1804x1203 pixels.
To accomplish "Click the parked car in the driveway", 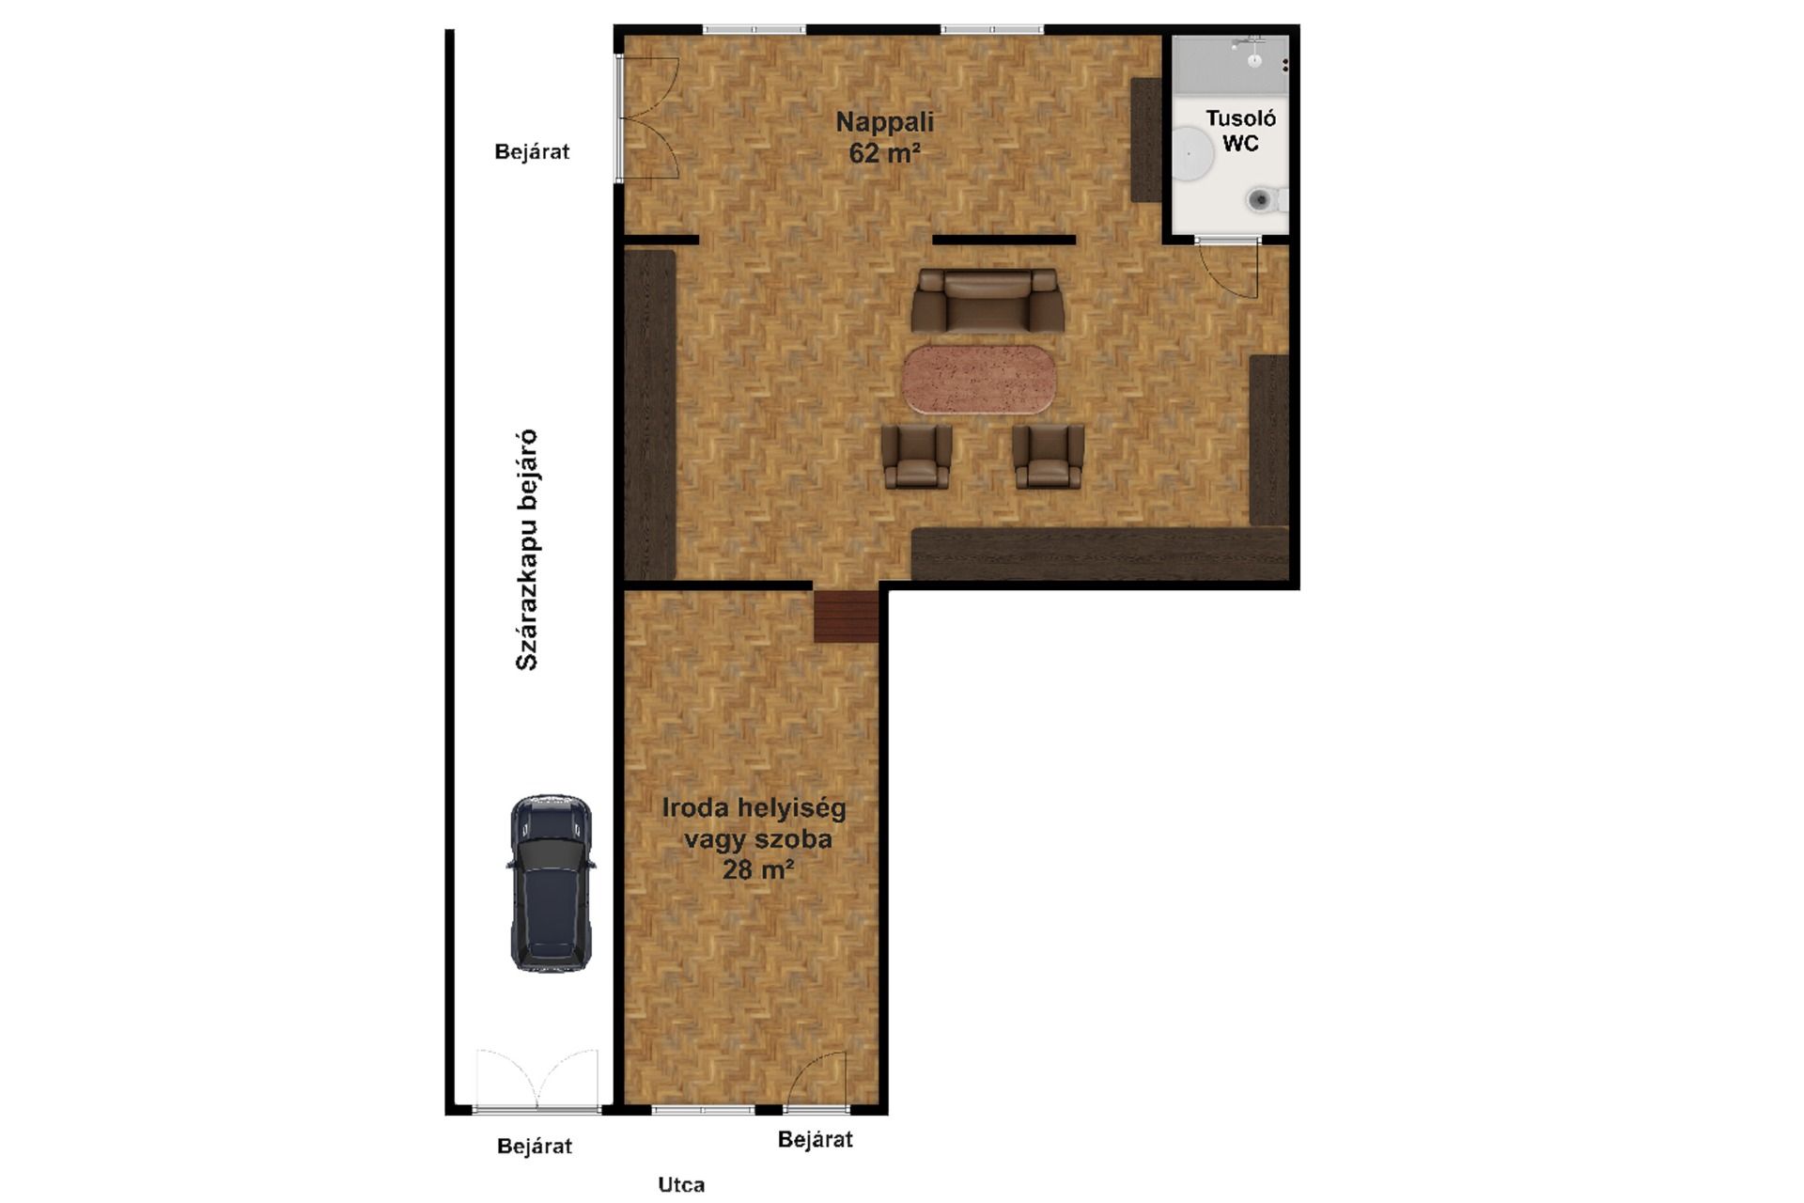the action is [x=551, y=883].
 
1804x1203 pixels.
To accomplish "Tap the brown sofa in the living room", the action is [x=988, y=300].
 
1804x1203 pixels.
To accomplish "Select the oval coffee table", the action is [x=979, y=380].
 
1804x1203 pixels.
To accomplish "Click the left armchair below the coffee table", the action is [x=916, y=457].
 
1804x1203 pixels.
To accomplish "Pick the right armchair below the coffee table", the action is [x=1049, y=457].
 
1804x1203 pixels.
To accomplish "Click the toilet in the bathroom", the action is [x=1267, y=199].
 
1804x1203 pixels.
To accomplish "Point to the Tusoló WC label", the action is [x=1240, y=131].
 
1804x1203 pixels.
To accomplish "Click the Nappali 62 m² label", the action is [x=884, y=137].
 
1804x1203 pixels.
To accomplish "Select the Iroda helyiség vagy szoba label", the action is [x=754, y=838].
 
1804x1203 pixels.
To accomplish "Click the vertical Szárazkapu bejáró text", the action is [x=527, y=550].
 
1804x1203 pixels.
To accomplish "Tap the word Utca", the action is [x=681, y=1184].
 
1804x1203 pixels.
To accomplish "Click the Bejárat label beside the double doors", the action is [x=532, y=151].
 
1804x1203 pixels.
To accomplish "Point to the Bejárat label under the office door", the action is [x=815, y=1139].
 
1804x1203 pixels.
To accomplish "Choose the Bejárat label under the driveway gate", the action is [x=534, y=1146].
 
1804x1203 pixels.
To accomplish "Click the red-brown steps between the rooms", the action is [x=846, y=617].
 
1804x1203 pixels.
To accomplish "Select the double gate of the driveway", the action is [x=537, y=1081].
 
